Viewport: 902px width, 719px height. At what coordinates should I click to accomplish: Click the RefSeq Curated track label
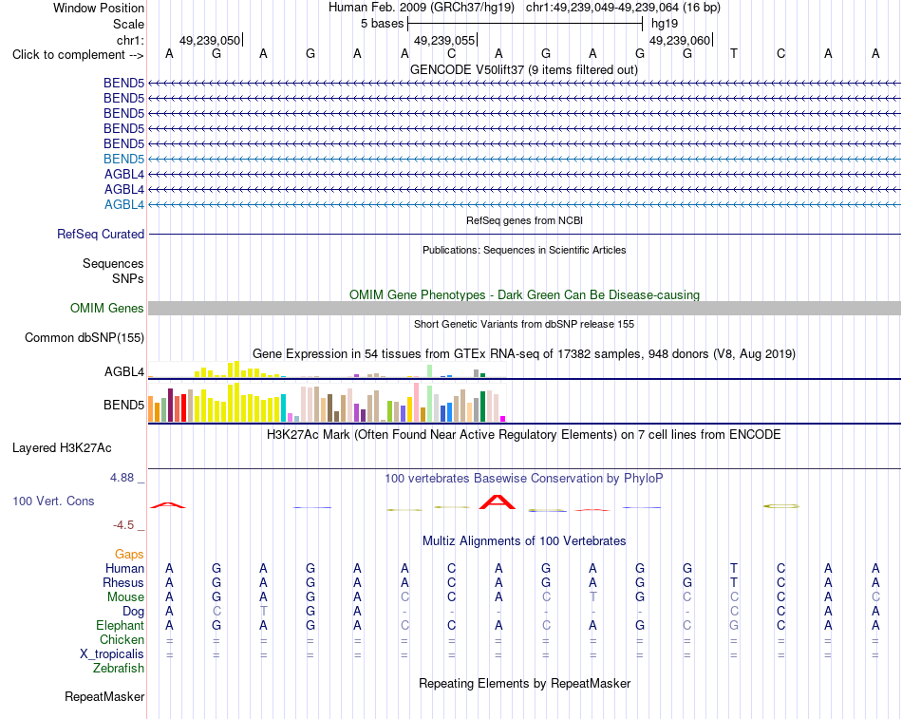coord(101,235)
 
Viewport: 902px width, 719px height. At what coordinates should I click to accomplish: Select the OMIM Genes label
coord(107,308)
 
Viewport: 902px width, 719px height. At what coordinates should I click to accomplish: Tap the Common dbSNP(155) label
coord(85,337)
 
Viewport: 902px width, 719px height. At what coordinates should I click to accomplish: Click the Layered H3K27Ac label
coord(62,448)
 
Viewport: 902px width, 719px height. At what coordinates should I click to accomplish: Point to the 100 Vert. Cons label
coord(53,501)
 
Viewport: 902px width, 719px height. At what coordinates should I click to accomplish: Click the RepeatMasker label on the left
coord(104,696)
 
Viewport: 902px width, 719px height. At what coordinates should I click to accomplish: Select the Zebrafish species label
coord(119,669)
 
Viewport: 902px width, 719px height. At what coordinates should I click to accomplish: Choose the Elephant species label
coord(121,625)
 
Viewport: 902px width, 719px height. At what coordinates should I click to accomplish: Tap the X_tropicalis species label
coord(112,654)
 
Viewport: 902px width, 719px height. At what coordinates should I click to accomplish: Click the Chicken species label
coord(122,639)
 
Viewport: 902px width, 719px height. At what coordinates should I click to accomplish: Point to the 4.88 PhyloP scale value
coord(122,477)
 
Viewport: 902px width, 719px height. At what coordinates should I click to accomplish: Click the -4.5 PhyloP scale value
coord(123,525)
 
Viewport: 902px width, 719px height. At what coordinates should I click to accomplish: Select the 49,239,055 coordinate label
coord(444,40)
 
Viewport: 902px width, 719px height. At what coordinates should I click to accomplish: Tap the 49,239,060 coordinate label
coord(680,40)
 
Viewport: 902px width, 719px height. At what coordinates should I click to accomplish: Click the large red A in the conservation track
coord(498,502)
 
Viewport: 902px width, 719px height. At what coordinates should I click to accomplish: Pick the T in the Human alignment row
coord(733,568)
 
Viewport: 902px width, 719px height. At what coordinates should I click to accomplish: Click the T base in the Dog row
coord(263,611)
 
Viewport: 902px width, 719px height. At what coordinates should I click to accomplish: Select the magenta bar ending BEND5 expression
coord(503,419)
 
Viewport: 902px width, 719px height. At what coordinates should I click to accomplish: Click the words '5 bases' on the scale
coord(383,24)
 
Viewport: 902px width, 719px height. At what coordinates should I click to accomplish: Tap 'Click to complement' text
coord(68,55)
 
